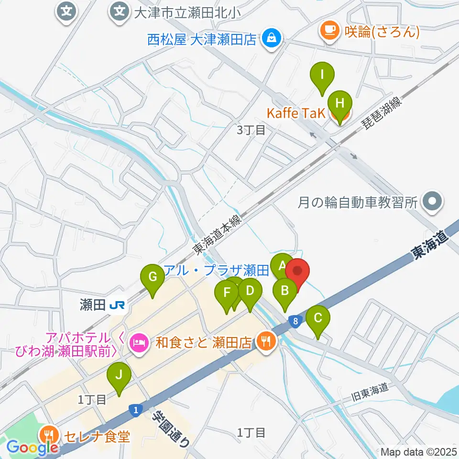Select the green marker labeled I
point(322,76)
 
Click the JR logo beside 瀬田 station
point(117,305)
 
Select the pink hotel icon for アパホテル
point(139,342)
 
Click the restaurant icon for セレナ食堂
point(50,436)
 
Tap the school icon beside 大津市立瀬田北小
point(119,10)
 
